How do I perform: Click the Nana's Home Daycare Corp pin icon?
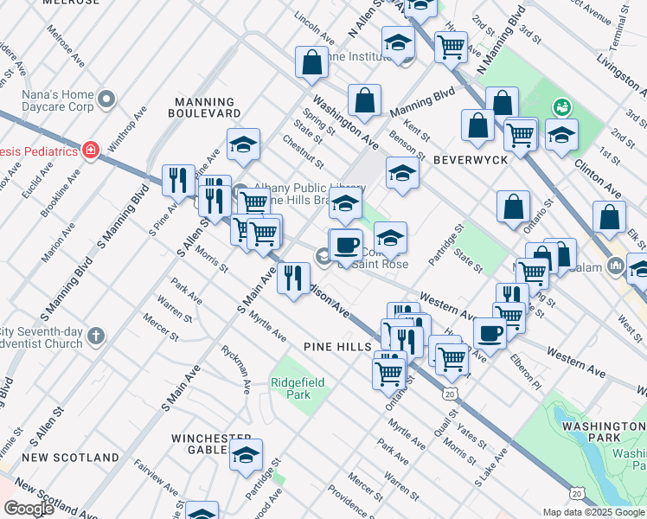107,99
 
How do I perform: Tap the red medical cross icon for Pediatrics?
91,151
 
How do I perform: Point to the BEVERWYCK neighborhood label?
469,160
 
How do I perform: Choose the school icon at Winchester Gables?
246,452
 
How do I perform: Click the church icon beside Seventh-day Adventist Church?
95,334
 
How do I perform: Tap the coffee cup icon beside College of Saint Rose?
347,245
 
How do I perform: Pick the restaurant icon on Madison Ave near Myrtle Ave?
293,279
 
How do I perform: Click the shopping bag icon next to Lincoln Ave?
311,62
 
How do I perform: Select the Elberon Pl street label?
526,373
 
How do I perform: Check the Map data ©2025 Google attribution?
593,511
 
